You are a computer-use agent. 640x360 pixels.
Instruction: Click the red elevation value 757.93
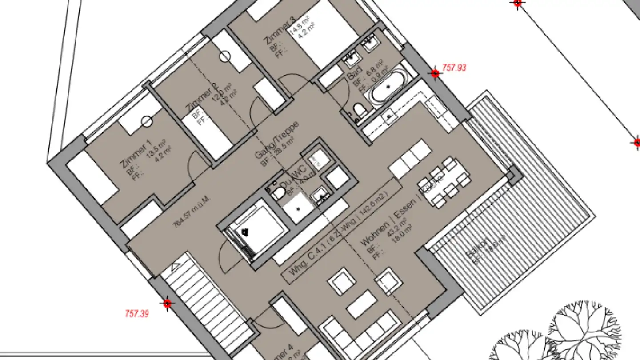tap(454, 68)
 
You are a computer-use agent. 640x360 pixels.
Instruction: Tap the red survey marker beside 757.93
tap(435, 73)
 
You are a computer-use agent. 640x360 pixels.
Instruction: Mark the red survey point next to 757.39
tap(167, 304)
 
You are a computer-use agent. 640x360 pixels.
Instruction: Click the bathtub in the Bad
tap(388, 87)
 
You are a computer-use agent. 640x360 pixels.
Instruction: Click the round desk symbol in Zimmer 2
tap(225, 56)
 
